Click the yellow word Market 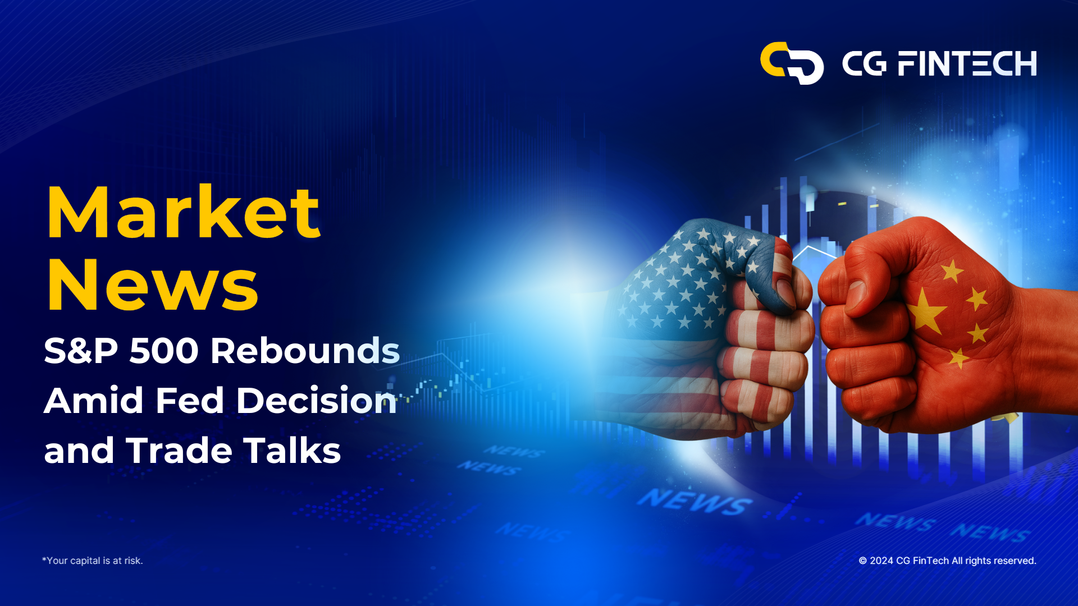click(x=184, y=213)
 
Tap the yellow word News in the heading click(x=153, y=284)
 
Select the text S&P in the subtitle click(x=81, y=351)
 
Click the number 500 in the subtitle click(x=164, y=351)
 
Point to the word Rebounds click(x=305, y=350)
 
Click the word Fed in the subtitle click(x=190, y=401)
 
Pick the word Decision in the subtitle click(x=316, y=400)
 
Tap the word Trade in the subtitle click(x=179, y=451)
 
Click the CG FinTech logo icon click(x=792, y=63)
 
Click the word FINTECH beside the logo click(x=967, y=63)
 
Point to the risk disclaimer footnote click(x=93, y=561)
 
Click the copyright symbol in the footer click(x=863, y=561)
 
